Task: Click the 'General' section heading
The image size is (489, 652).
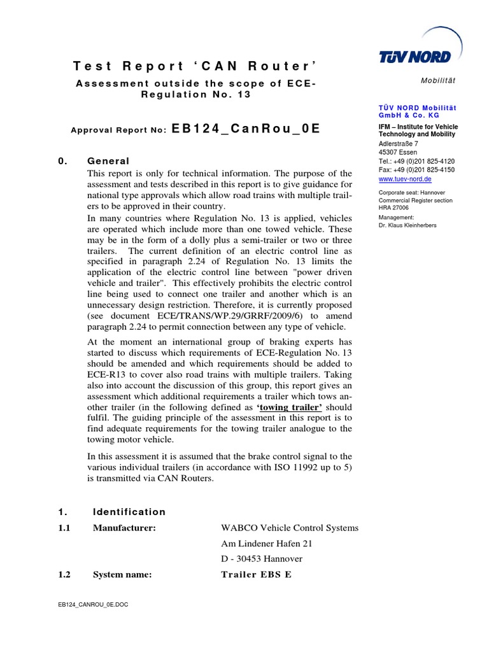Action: click(x=108, y=161)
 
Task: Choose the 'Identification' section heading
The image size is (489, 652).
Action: click(x=129, y=512)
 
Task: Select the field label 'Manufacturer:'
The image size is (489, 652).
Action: click(x=124, y=528)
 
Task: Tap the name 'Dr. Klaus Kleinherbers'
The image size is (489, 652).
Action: click(x=407, y=225)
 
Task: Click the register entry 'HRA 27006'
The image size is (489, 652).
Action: click(x=393, y=208)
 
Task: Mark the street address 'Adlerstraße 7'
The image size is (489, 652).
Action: click(x=398, y=144)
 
